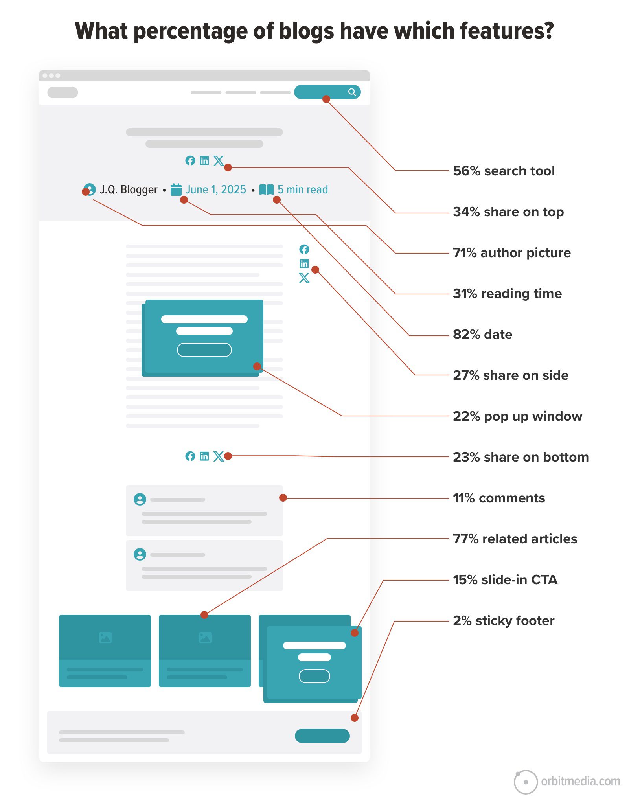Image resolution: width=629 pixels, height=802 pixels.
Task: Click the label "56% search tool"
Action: pyautogui.click(x=504, y=171)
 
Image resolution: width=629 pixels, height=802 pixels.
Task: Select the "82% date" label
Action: pyautogui.click(x=482, y=335)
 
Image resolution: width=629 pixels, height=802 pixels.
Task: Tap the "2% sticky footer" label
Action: pyautogui.click(x=504, y=621)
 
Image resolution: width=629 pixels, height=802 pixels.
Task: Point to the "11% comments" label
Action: pyautogui.click(x=499, y=498)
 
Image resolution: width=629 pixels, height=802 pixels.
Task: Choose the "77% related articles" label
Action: pyautogui.click(x=515, y=539)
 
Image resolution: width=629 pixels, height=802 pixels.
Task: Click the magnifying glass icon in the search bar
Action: pyautogui.click(x=352, y=92)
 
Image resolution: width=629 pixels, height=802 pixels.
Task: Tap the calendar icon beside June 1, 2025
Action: pyautogui.click(x=176, y=189)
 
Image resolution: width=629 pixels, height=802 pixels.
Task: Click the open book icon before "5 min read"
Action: pyautogui.click(x=267, y=189)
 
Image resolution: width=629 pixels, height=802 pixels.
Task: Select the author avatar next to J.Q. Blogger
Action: pyautogui.click(x=90, y=189)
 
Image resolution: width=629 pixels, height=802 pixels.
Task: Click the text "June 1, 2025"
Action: pyautogui.click(x=216, y=189)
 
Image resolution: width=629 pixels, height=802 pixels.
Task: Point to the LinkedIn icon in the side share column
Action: pyautogui.click(x=304, y=263)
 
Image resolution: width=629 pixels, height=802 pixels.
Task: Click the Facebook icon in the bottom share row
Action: pyautogui.click(x=190, y=456)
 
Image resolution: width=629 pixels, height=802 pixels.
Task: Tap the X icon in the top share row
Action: pyautogui.click(x=219, y=160)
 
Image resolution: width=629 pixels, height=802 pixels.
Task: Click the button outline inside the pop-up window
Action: pyautogui.click(x=204, y=350)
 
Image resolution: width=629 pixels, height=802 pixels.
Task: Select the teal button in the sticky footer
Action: pyautogui.click(x=322, y=736)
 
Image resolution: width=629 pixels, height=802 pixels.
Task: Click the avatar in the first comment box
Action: pyautogui.click(x=140, y=499)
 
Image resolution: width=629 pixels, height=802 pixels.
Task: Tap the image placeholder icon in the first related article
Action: pyautogui.click(x=105, y=638)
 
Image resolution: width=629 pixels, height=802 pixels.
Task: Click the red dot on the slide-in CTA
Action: pyautogui.click(x=355, y=633)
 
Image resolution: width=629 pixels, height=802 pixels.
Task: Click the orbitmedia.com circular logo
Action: pyautogui.click(x=526, y=782)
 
